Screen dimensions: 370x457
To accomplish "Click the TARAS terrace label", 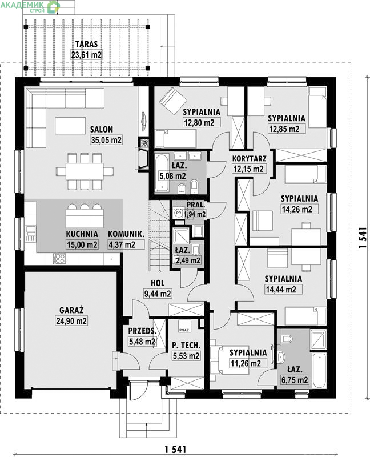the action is [87, 44].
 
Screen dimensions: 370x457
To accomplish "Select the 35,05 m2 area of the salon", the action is [106, 140].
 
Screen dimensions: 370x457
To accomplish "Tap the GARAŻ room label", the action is [71, 310].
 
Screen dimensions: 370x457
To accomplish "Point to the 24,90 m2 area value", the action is [71, 321].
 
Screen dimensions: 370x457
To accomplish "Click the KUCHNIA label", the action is [82, 234].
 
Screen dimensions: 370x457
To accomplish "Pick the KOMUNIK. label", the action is [126, 234].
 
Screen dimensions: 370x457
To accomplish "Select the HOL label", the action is [158, 283].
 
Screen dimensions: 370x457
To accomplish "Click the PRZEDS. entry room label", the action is [143, 331].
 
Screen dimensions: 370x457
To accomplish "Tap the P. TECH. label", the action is [186, 346].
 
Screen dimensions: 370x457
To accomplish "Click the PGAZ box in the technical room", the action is [184, 330].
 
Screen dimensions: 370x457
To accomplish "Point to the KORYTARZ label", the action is [249, 159].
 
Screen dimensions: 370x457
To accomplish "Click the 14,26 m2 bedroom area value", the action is [297, 209].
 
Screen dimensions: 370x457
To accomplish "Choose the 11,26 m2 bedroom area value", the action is [246, 363].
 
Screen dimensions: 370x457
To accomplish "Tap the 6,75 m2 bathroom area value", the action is [295, 380].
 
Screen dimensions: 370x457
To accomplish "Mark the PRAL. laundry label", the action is [196, 205].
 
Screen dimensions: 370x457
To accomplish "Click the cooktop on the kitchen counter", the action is [59, 259].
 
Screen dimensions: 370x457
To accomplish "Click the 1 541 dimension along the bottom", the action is [175, 449].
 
